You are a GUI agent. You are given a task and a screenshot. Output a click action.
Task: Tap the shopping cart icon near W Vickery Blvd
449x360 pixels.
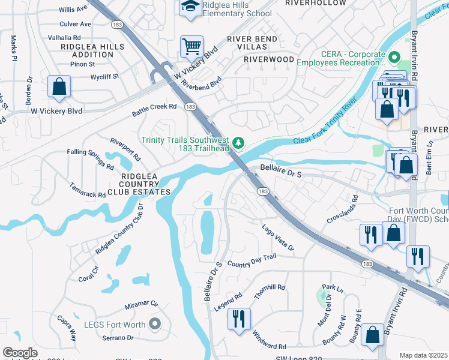(x=191, y=46)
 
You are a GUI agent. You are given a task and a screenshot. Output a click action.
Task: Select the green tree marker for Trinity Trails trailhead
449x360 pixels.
(x=239, y=142)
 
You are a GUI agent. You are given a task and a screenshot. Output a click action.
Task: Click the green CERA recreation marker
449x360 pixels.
(x=394, y=58)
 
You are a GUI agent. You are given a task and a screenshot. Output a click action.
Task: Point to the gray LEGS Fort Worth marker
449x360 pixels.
(x=155, y=325)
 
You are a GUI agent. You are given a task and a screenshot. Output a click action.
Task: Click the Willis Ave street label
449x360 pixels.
(x=74, y=10)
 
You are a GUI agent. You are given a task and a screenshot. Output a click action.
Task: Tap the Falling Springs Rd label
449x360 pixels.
(x=91, y=160)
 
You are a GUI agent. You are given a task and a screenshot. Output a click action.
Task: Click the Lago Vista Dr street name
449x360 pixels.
(x=278, y=237)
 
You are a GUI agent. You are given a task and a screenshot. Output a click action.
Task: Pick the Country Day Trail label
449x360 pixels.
(x=252, y=261)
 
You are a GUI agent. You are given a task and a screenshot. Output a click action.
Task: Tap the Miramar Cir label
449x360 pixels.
(x=141, y=305)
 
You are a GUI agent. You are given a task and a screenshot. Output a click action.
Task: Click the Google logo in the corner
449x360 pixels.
(x=20, y=353)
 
